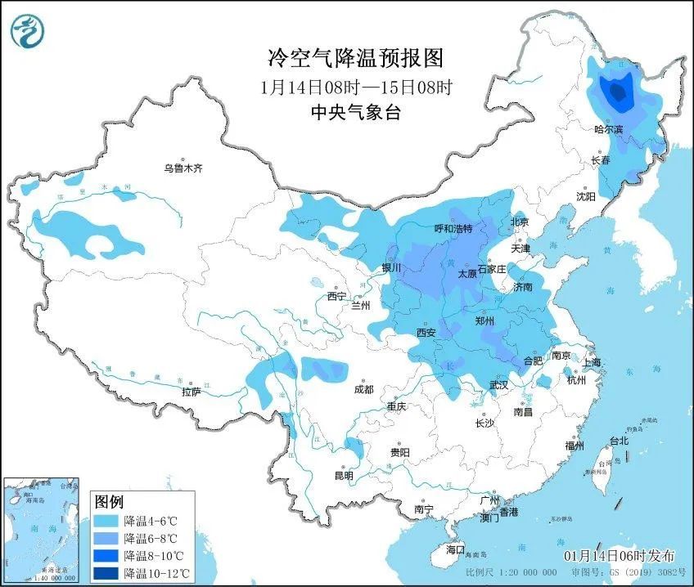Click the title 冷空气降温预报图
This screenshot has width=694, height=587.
(355, 58)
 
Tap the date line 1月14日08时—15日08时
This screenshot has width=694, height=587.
(355, 86)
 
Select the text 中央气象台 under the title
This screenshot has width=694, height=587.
(355, 113)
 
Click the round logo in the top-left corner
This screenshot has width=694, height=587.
(27, 31)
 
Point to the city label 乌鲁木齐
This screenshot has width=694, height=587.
(183, 168)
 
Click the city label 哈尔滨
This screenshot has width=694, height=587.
(608, 129)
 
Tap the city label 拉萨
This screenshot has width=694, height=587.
(192, 392)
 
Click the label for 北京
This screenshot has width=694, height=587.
(520, 222)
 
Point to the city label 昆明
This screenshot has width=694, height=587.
(344, 475)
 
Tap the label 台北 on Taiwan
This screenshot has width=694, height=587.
(618, 441)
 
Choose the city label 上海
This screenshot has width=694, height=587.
(591, 362)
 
